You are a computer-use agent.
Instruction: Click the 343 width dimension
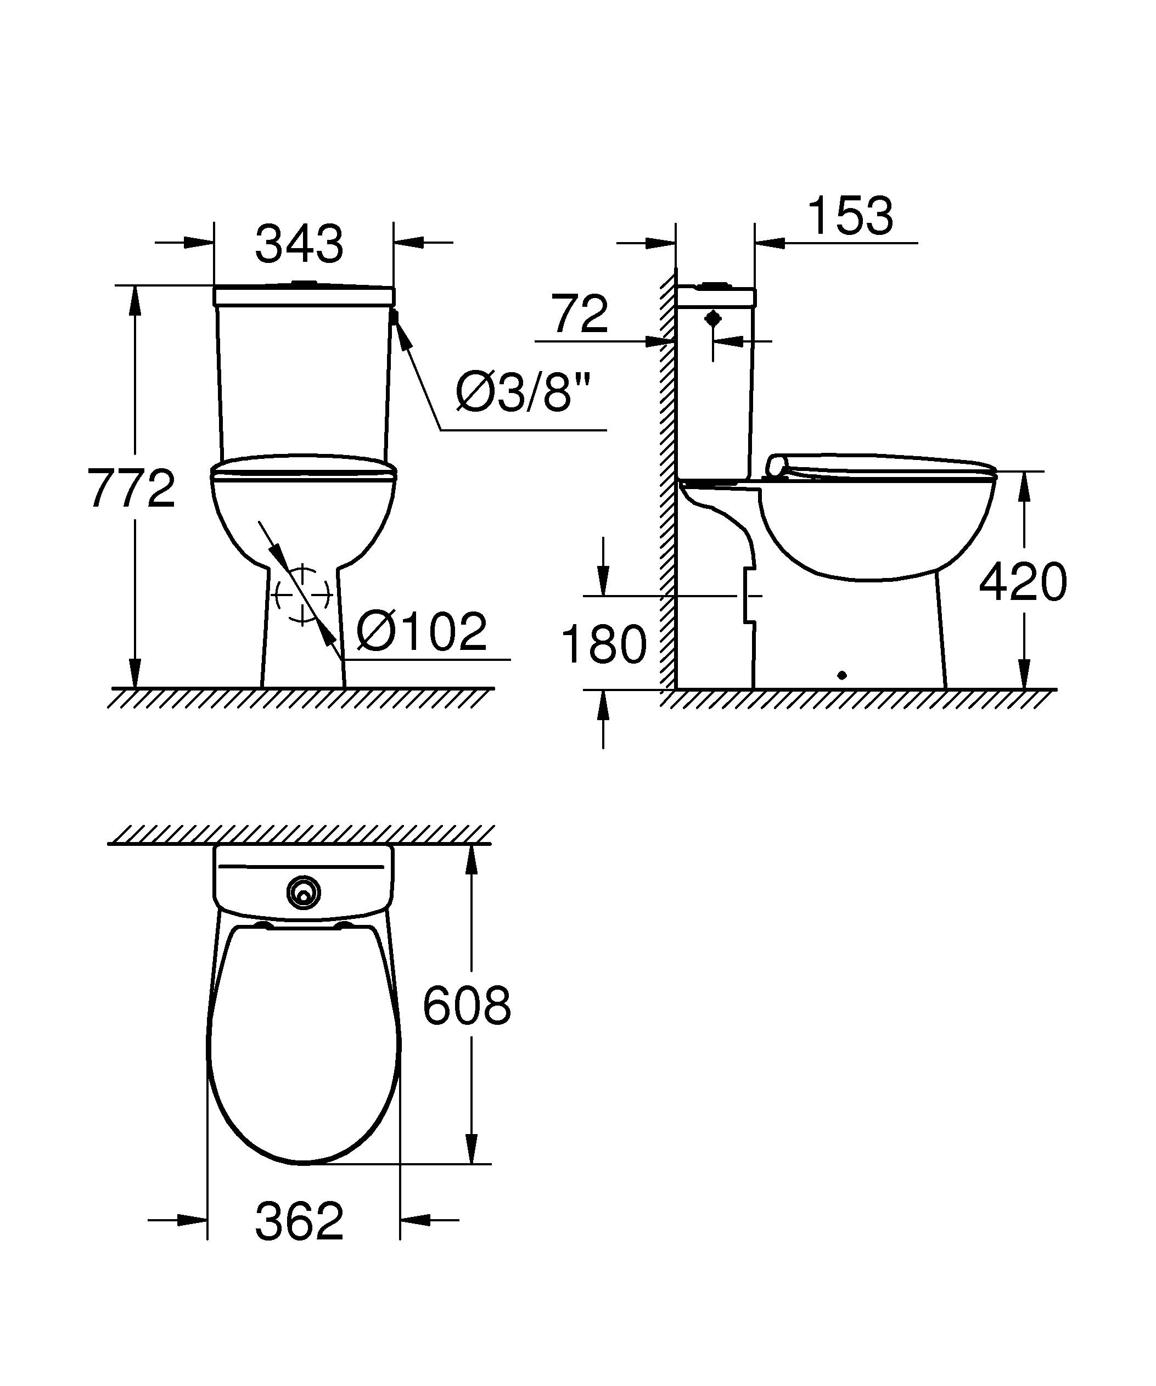tap(299, 244)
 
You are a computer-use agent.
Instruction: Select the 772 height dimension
tap(131, 489)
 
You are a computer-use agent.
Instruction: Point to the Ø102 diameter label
tap(422, 632)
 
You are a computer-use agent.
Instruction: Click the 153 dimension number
tap(850, 216)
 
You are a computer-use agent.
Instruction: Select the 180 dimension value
tap(604, 645)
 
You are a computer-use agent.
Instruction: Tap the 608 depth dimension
tap(467, 1007)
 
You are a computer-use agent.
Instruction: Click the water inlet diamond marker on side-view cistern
tap(712, 319)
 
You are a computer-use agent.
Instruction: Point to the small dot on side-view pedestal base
tap(840, 675)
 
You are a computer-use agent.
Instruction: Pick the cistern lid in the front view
tap(304, 296)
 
